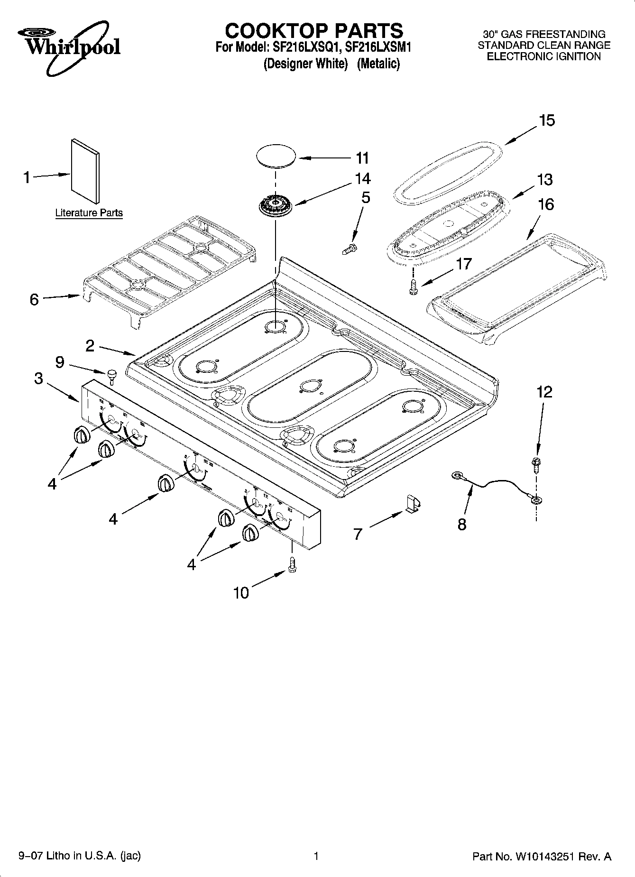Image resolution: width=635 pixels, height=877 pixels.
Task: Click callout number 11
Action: [x=362, y=158]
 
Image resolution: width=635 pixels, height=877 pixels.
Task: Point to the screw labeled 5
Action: [x=350, y=249]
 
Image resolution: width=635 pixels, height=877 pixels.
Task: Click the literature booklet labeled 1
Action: [x=85, y=171]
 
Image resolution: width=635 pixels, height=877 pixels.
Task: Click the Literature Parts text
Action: [x=89, y=213]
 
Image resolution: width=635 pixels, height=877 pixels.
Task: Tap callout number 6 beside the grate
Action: [x=34, y=299]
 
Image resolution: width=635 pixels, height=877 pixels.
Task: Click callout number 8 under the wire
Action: [x=462, y=524]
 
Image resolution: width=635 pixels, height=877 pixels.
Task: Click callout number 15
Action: [x=547, y=120]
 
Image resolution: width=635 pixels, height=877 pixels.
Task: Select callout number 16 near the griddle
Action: [x=546, y=204]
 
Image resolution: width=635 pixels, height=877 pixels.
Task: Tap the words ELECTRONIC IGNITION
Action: [x=544, y=56]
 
